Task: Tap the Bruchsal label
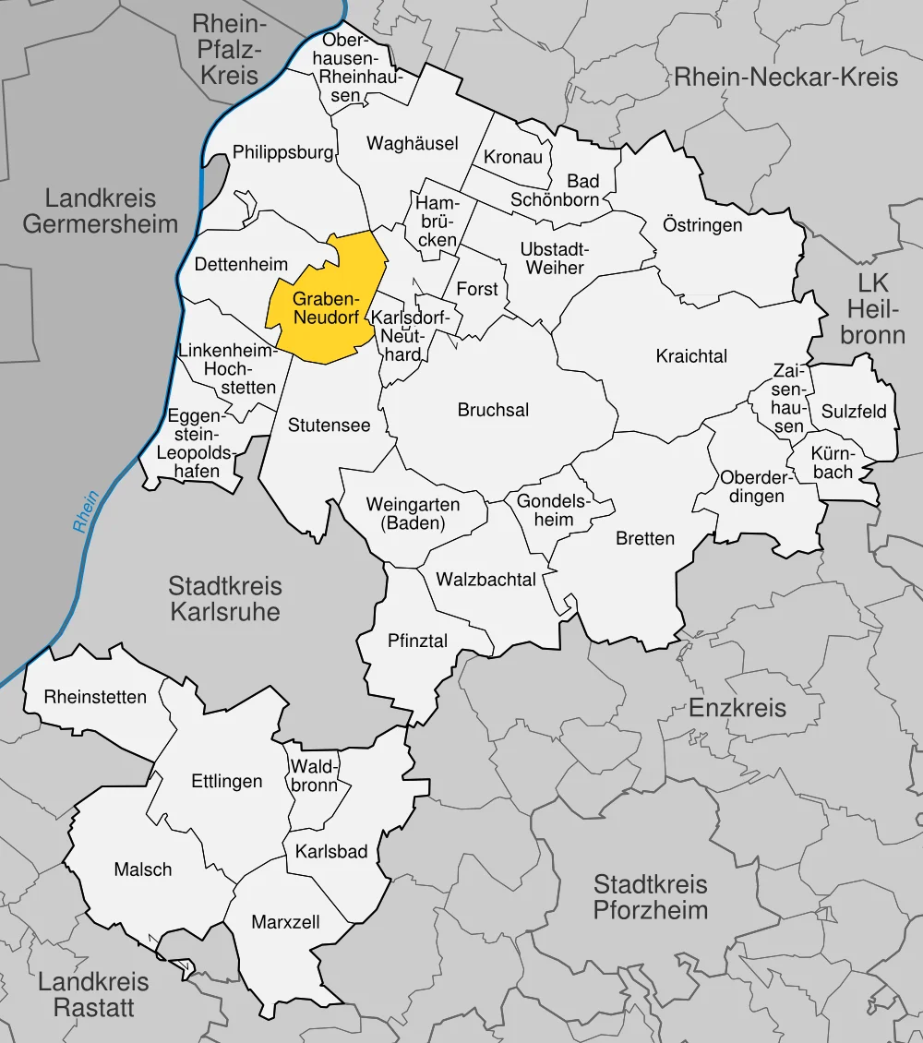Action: pos(493,410)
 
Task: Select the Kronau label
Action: pos(513,157)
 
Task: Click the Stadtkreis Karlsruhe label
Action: pos(224,598)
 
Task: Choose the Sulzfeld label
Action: pos(853,411)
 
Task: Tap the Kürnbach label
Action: pos(833,462)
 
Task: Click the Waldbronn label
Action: pos(315,775)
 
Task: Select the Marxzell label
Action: pos(285,921)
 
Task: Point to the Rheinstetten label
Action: pos(95,697)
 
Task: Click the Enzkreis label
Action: pos(737,708)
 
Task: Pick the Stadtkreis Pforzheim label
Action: pos(650,897)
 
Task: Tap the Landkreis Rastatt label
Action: pos(93,995)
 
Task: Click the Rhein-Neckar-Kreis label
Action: pos(785,77)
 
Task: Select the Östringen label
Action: pos(702,224)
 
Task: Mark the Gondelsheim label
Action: pos(552,510)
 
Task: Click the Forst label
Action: pos(477,289)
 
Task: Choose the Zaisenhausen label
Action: pos(789,398)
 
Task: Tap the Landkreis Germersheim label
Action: pos(100,210)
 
